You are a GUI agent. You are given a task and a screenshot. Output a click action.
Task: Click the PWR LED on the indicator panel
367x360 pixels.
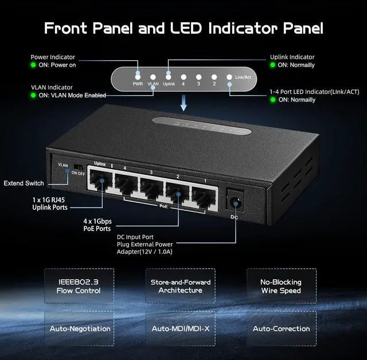(138, 75)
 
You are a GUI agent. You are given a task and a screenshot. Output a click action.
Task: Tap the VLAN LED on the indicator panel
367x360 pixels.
(153, 76)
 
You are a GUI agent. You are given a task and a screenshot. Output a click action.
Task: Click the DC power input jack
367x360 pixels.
(234, 202)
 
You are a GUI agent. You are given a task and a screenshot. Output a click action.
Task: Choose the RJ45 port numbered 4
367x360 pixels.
(126, 186)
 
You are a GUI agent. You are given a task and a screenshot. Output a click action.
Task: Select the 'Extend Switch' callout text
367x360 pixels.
(24, 183)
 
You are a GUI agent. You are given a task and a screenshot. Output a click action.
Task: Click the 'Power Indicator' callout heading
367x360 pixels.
(53, 57)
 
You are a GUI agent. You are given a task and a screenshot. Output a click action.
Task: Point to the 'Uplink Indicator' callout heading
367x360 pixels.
(292, 57)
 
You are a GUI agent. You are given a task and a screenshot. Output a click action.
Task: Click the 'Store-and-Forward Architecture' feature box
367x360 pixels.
(180, 286)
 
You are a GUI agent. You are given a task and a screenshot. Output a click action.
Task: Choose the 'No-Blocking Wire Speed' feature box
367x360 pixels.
(282, 286)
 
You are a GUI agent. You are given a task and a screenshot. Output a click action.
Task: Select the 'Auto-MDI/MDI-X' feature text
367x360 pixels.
(180, 328)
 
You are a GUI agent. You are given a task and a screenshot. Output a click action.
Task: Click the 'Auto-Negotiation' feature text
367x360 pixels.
(80, 328)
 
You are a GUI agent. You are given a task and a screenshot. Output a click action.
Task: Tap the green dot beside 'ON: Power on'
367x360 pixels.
(34, 65)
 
